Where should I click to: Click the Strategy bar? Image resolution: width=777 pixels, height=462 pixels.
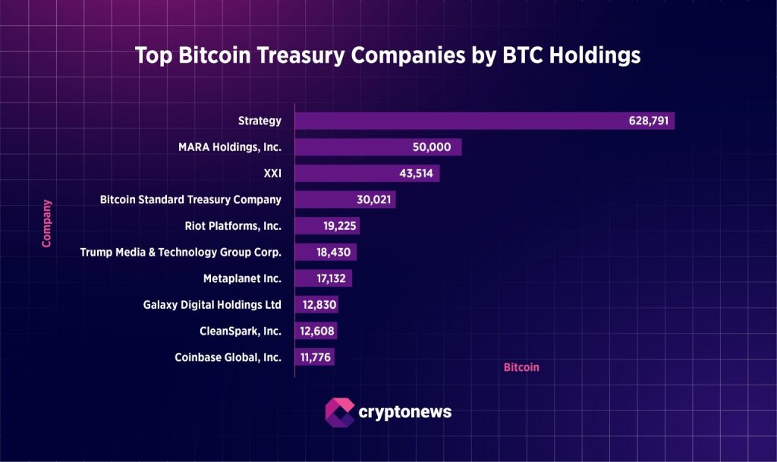[455, 121]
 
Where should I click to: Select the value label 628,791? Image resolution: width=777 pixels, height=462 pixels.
[649, 121]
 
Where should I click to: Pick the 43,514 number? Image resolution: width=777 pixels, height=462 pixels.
[417, 173]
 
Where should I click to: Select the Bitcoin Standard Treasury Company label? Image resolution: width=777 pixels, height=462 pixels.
[190, 200]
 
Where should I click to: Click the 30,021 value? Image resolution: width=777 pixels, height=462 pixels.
[373, 200]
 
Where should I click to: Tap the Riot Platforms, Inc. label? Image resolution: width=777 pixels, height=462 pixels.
[233, 225]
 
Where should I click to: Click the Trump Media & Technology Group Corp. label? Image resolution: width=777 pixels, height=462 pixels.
[181, 252]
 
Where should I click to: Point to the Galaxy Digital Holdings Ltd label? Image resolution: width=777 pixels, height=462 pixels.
[212, 304]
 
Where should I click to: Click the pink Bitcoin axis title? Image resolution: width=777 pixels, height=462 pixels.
[521, 367]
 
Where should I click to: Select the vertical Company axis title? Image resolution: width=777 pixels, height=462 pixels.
[47, 224]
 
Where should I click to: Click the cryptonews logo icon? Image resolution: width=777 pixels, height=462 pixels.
[339, 412]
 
